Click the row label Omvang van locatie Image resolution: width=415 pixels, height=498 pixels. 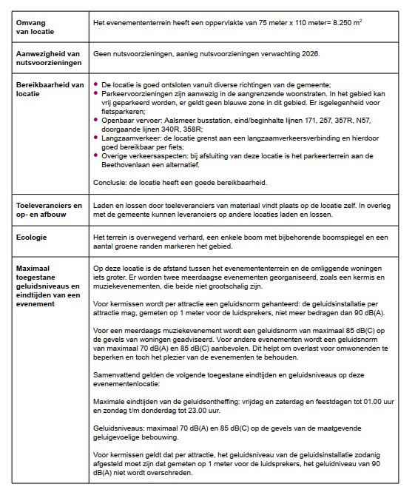(x=33, y=27)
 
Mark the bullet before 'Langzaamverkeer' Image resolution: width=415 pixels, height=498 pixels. (x=96, y=138)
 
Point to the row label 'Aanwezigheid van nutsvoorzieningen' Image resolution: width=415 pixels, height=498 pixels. (x=49, y=59)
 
